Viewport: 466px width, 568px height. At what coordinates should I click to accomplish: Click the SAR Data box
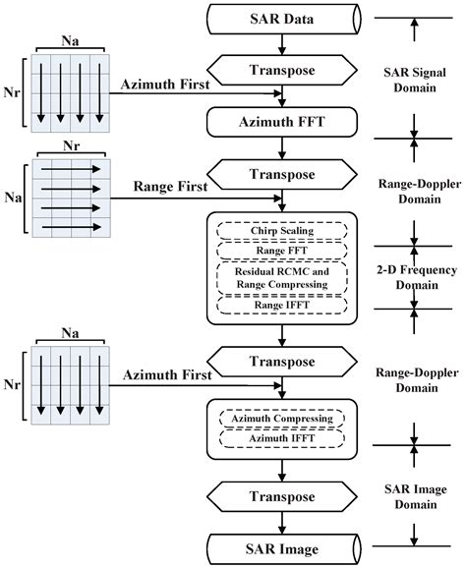coord(281,18)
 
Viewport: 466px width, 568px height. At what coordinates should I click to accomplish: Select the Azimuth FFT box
coord(281,122)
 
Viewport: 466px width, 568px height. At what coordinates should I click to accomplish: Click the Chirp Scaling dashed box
coord(281,232)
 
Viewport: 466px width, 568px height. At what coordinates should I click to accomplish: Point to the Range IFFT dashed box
coord(281,307)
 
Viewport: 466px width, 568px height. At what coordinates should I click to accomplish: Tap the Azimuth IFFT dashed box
coord(281,438)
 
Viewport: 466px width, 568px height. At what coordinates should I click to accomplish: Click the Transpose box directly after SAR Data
coord(281,70)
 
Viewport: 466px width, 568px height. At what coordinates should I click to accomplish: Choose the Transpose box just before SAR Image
coord(281,495)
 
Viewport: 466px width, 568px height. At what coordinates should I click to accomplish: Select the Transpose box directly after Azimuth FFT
coord(281,175)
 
